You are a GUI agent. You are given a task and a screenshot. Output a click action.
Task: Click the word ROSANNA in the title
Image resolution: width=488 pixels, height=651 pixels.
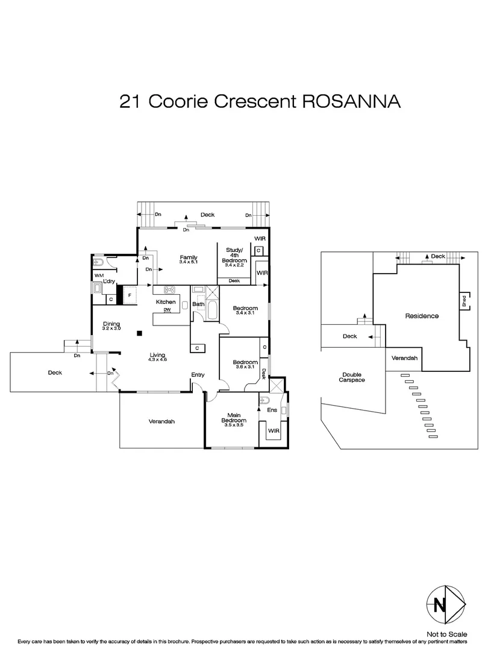click(350, 101)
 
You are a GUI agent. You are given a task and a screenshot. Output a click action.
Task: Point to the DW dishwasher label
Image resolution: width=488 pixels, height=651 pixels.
click(167, 310)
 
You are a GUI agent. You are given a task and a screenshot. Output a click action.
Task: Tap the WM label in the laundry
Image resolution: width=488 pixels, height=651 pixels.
click(98, 276)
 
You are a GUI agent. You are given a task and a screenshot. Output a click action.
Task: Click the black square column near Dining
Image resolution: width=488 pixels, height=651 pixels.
click(140, 332)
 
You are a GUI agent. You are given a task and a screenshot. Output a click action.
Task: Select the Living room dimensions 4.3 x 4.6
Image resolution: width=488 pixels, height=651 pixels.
click(157, 360)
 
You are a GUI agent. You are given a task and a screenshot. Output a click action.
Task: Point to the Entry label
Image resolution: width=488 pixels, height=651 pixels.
click(198, 375)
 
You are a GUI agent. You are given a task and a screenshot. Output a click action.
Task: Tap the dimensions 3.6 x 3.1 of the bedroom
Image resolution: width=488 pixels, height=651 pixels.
click(245, 367)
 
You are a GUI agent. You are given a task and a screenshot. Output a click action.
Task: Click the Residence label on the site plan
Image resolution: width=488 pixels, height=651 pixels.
click(421, 316)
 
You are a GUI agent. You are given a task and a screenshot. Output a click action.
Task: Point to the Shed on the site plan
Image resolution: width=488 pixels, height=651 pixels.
click(464, 301)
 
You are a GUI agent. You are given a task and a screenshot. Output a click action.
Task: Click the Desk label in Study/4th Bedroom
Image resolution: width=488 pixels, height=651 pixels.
click(234, 281)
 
